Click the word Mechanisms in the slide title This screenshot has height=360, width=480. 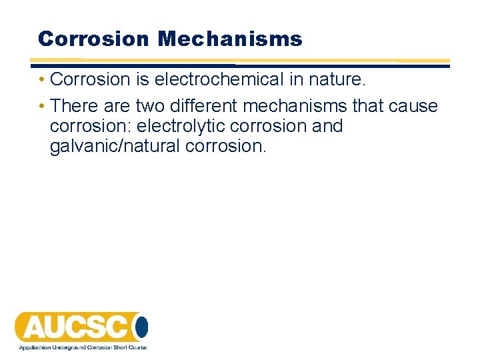pyautogui.click(x=229, y=39)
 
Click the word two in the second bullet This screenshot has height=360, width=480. pyautogui.click(x=151, y=106)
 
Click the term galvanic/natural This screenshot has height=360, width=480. pyautogui.click(x=115, y=146)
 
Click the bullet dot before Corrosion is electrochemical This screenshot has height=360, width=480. pyautogui.click(x=41, y=80)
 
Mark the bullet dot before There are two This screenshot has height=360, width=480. pyautogui.click(x=41, y=107)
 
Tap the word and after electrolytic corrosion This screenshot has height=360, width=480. pyautogui.click(x=327, y=126)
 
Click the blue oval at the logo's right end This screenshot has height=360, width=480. pyautogui.click(x=141, y=327)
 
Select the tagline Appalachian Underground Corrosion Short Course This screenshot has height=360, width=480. pyautogui.click(x=83, y=347)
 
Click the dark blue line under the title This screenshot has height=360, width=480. pyautogui.click(x=240, y=66)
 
